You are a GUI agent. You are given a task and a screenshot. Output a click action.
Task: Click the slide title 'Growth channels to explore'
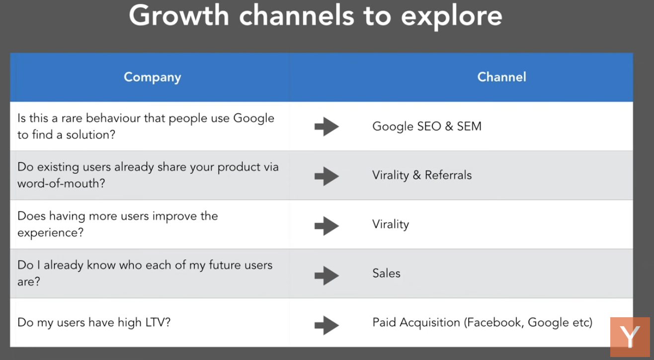tap(316, 16)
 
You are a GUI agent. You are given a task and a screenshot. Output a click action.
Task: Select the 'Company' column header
tap(153, 78)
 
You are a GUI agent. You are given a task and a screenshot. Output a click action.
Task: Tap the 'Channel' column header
tap(501, 77)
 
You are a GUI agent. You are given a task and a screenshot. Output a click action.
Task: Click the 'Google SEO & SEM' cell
tap(427, 126)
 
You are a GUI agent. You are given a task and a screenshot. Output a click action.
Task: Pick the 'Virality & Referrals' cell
tap(422, 176)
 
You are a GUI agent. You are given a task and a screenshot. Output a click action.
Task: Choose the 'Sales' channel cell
tap(386, 273)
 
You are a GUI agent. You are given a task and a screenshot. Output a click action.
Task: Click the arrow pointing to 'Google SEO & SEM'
tap(327, 126)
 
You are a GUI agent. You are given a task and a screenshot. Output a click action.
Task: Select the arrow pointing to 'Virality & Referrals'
tap(327, 176)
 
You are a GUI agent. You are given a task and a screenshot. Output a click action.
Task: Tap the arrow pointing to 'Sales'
tap(327, 275)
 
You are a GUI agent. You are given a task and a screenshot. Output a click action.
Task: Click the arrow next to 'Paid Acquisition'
tap(327, 325)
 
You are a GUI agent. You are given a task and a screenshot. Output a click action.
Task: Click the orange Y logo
tap(630, 337)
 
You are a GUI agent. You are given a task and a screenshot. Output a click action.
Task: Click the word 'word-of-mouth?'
tap(61, 183)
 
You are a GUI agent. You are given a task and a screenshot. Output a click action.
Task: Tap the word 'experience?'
tap(51, 233)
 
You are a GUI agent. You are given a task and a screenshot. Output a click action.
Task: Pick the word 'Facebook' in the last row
tap(495, 323)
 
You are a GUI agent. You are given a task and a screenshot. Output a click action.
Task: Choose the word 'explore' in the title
tap(452, 17)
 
